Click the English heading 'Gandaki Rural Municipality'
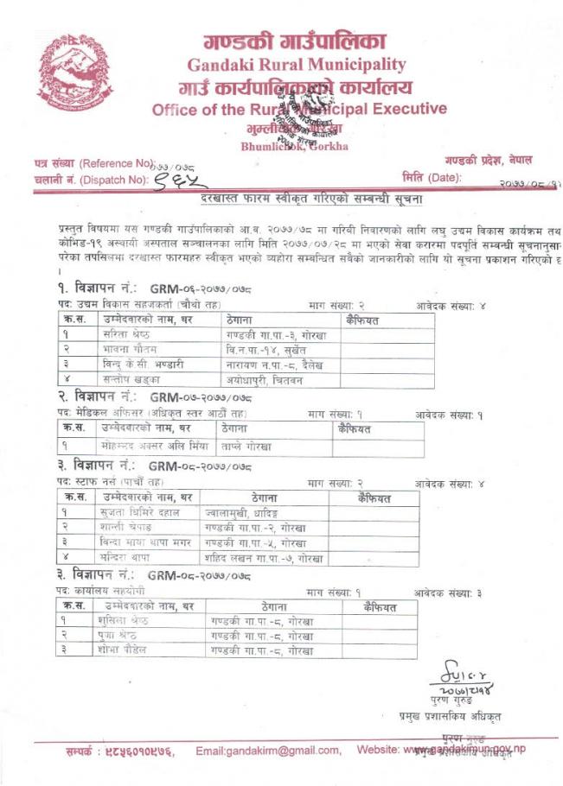click(297, 64)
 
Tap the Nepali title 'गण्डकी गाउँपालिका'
click(295, 40)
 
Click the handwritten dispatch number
click(181, 178)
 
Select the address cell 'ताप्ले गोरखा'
click(246, 446)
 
